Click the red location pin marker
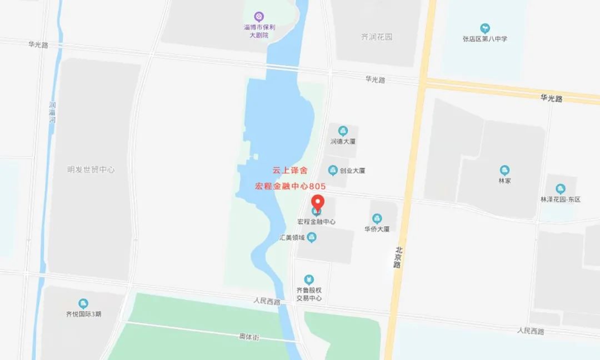click(317, 203)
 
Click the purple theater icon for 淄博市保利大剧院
click(258, 16)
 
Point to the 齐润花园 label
click(377, 37)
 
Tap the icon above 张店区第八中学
click(485, 28)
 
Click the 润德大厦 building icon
click(343, 131)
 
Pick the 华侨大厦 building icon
click(377, 218)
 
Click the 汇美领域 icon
click(312, 238)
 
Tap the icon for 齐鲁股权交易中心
click(309, 279)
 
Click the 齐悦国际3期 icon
click(83, 303)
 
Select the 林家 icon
click(504, 171)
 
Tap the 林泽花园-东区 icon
click(560, 189)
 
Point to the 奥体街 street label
click(249, 337)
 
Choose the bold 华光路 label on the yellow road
click(551, 98)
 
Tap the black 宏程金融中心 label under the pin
click(317, 221)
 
